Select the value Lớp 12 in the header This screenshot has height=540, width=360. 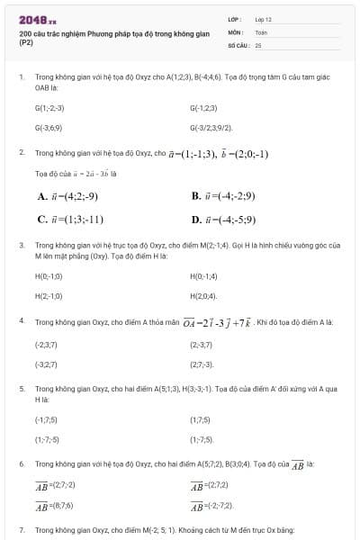(x=264, y=19)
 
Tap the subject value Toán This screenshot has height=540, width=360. (x=262, y=31)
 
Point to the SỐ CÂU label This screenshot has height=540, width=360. (x=238, y=44)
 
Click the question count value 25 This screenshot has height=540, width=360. (x=258, y=44)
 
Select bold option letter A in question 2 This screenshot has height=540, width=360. (x=42, y=197)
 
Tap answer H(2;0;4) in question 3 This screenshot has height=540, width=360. (x=203, y=295)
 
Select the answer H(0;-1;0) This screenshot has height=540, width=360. (x=48, y=276)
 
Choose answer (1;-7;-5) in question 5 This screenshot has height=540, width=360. (x=47, y=439)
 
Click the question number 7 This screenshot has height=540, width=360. (x=21, y=531)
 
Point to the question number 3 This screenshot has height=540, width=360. (x=21, y=245)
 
